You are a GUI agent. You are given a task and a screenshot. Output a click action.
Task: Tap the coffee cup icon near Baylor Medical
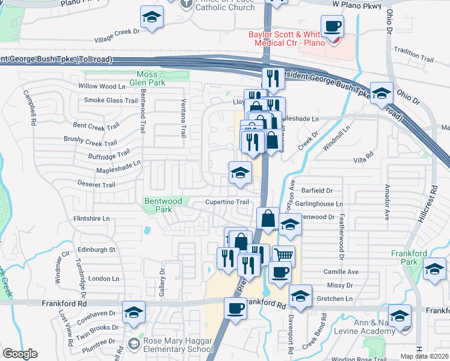pyautogui.click(x=332, y=26)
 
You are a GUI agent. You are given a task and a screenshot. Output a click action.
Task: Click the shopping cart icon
pyautogui.click(x=283, y=256)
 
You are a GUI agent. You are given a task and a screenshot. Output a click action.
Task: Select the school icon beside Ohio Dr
pyautogui.click(x=381, y=93)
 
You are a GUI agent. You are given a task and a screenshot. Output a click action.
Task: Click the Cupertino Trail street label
pyautogui.click(x=227, y=202)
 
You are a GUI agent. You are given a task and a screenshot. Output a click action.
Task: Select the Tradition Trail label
pyautogui.click(x=415, y=59)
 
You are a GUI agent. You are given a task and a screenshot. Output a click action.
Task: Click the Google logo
pyautogui.click(x=20, y=354)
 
